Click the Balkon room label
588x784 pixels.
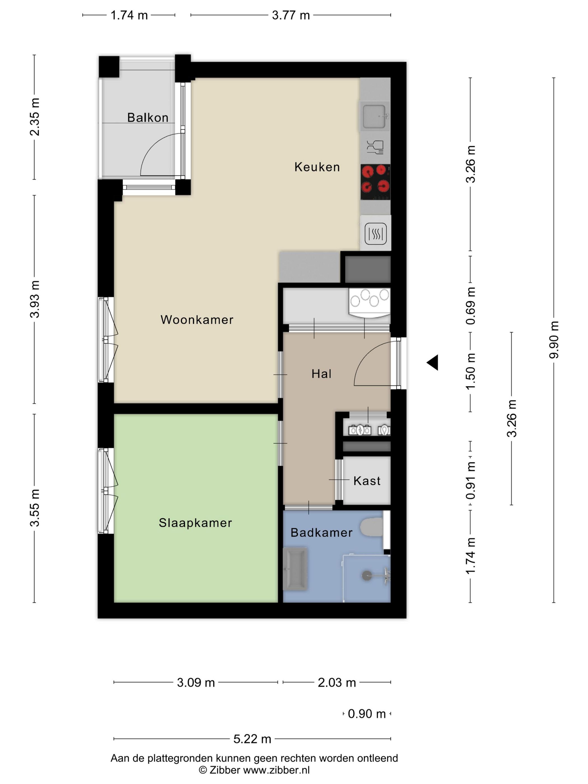point(148,117)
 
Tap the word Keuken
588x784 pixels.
point(317,167)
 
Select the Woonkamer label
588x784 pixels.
point(197,319)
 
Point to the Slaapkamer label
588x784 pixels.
point(195,522)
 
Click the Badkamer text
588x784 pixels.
point(321,532)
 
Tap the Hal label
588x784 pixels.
point(321,374)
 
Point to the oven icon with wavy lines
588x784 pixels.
point(375,234)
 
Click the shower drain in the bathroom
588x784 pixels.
point(367,575)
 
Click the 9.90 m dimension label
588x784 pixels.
point(554,340)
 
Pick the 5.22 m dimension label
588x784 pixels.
point(252,739)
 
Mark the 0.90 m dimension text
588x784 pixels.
point(367,713)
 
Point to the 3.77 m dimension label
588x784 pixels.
point(291,15)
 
